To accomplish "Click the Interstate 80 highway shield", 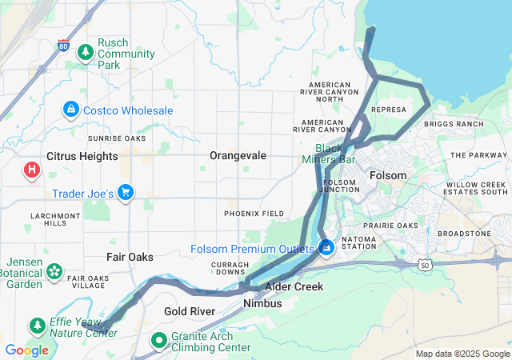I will [64, 46].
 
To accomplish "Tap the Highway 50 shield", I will [425, 263].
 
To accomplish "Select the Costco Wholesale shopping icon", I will [71, 108].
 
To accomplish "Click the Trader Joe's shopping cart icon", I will [125, 192].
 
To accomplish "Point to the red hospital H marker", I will [32, 170].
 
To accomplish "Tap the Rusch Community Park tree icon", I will [86, 52].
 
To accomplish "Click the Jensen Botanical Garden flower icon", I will [54, 272].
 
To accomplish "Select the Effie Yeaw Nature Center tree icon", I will [37, 326].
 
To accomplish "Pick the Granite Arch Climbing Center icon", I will [159, 341].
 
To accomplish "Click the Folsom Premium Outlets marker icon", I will [326, 248].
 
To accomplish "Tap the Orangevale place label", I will [238, 155].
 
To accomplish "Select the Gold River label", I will [189, 310].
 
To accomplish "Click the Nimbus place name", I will [262, 304].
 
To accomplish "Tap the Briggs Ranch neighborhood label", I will [454, 124].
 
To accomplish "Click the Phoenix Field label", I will [254, 214].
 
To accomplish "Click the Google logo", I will [26, 350].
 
